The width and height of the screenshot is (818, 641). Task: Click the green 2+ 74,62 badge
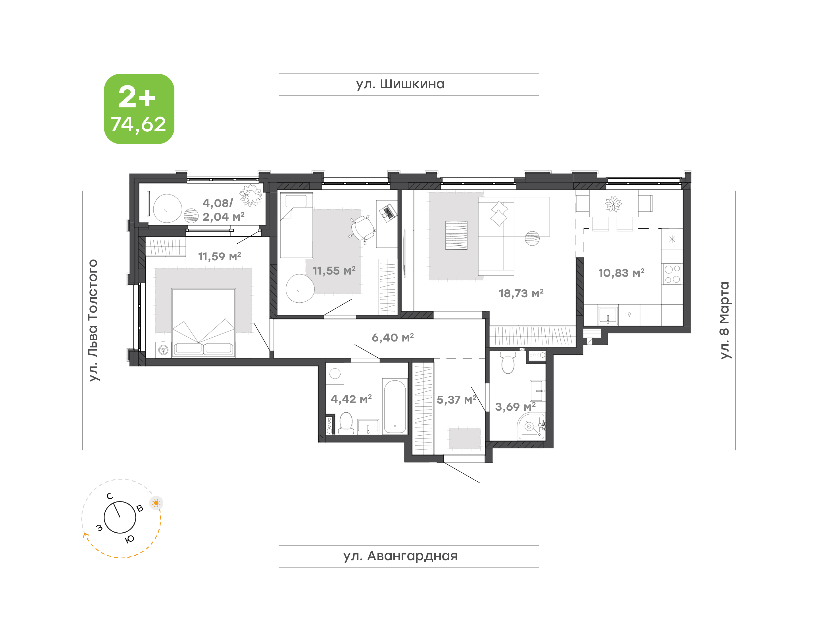coord(139,109)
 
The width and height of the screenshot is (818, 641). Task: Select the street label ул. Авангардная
coord(400,556)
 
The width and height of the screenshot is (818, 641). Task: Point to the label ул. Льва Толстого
coord(93,320)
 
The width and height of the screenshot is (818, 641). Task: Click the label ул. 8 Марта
coord(725,320)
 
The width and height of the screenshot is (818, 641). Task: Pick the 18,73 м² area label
coord(521,294)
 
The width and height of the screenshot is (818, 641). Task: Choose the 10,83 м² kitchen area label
coord(621,273)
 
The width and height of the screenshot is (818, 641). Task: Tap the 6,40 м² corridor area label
coord(393,338)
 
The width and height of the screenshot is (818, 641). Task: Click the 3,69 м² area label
coord(515,406)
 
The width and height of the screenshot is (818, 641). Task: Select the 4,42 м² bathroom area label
coord(351,399)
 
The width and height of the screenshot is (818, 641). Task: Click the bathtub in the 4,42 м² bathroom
coord(395,406)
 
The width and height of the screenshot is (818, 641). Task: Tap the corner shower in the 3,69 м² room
coord(531,426)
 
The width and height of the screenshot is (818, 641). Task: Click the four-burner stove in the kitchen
coord(672,274)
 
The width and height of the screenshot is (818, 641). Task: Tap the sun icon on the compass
coord(156,503)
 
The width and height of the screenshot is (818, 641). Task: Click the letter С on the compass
coord(110,496)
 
